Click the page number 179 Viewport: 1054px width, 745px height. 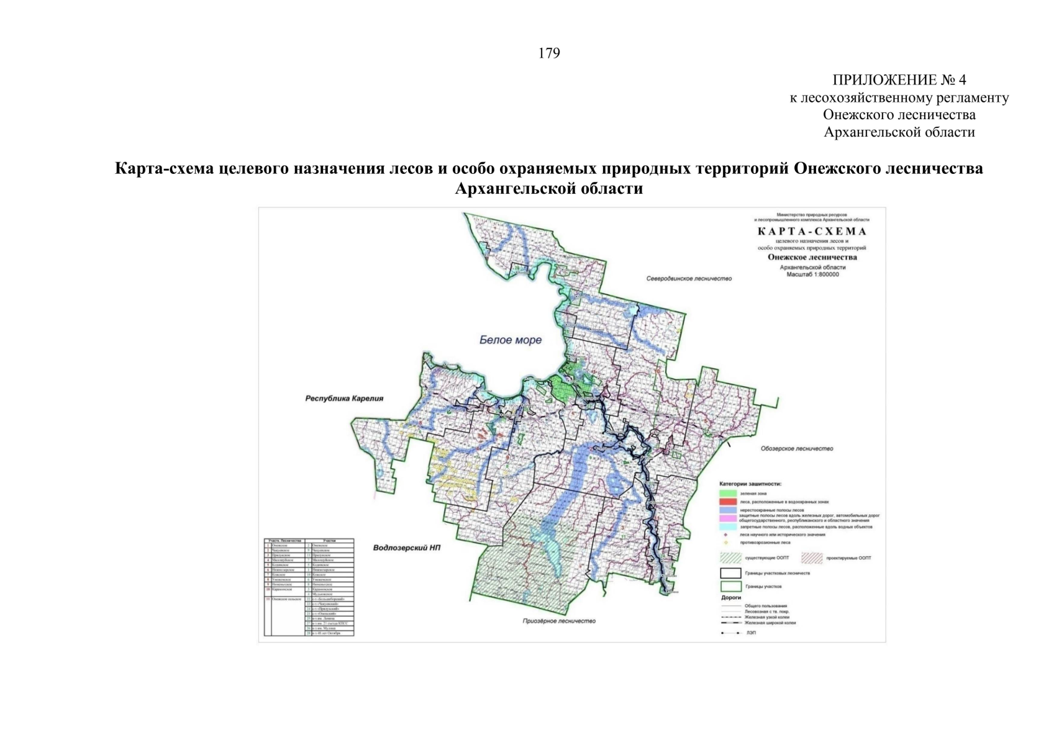point(548,53)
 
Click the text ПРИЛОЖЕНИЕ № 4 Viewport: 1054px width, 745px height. point(899,80)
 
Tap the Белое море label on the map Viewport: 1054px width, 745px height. point(511,340)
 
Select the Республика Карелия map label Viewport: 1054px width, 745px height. point(344,399)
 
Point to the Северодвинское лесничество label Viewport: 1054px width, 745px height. point(689,279)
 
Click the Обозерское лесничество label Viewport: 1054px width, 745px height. point(797,448)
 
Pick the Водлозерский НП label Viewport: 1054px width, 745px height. point(407,548)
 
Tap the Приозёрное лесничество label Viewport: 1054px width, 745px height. point(559,621)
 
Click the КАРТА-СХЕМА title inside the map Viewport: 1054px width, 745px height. point(812,232)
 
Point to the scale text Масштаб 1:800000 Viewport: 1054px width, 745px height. point(812,274)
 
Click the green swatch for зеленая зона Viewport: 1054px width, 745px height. point(727,494)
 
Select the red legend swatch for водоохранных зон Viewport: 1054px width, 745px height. point(727,502)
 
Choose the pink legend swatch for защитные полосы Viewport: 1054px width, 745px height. point(727,518)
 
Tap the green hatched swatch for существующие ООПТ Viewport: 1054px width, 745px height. point(730,558)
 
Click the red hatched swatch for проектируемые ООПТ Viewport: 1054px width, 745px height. point(812,558)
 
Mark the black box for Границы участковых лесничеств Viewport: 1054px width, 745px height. point(730,573)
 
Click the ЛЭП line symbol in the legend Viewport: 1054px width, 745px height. point(730,633)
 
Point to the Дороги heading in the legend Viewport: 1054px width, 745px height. point(731,597)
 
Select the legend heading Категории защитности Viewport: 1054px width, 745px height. point(750,484)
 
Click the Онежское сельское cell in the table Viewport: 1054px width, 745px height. point(287,600)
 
